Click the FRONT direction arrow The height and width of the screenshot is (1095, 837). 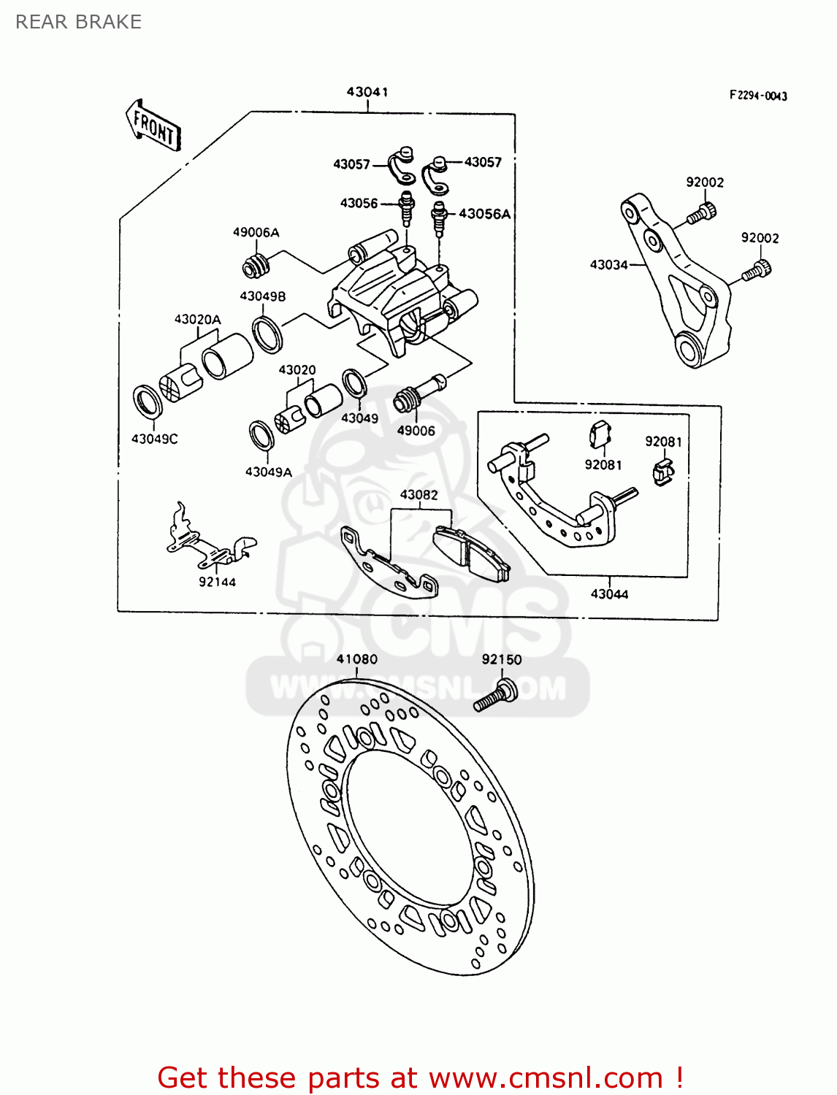coord(153,126)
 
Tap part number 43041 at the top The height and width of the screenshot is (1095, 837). coord(367,92)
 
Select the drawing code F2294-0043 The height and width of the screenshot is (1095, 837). coord(758,96)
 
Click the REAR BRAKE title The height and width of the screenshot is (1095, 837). coord(79,22)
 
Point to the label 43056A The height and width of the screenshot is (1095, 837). coord(484,214)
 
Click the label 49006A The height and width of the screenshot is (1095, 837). coord(256,233)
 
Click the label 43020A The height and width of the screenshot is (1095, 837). coord(197,320)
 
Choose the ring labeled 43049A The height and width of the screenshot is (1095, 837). coord(261,436)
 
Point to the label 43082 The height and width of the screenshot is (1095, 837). coord(418,495)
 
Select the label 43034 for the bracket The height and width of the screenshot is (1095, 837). coord(609,265)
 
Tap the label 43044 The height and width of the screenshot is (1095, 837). coord(609,594)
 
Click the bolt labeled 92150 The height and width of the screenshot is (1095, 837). coord(496,696)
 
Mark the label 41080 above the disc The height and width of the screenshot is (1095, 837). coord(357,659)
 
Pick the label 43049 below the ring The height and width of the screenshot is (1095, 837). coord(360,418)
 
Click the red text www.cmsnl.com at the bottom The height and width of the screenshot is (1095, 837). coord(545,1077)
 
